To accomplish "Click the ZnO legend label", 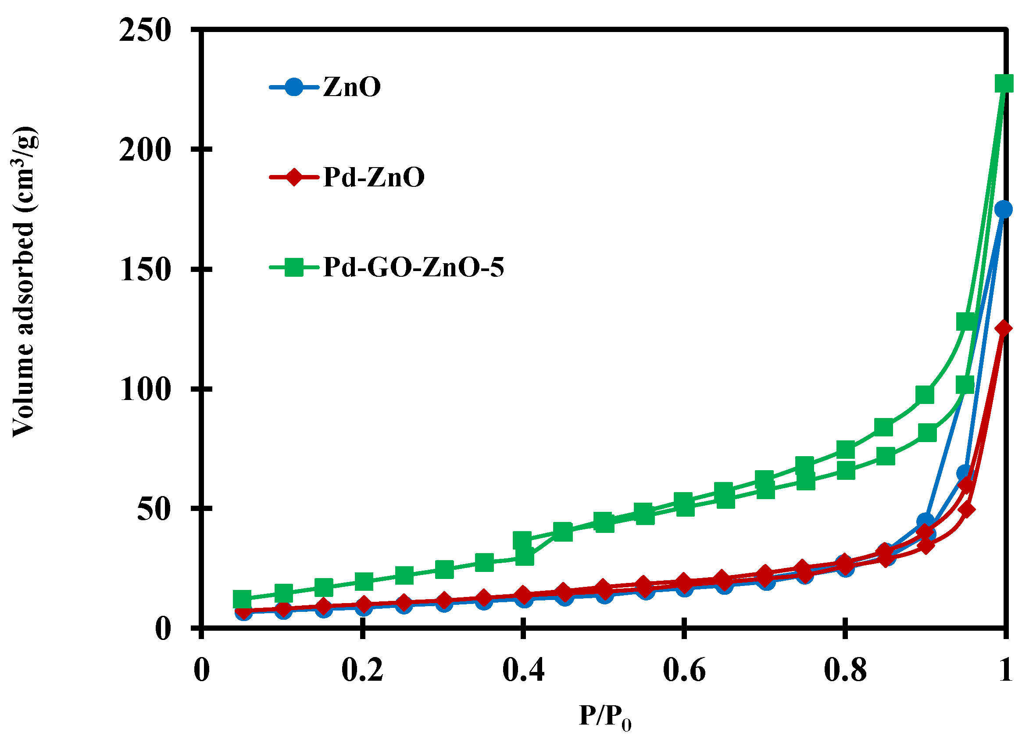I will [352, 86].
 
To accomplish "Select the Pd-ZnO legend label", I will [374, 177].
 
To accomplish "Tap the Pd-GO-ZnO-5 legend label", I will [413, 267].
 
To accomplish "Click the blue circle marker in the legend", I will [294, 86].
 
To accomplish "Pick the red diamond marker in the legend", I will [294, 177].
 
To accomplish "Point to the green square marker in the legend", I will [294, 267].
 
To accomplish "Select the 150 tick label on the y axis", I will [145, 270].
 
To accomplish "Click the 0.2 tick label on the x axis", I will [362, 670].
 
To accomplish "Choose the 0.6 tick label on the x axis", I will [684, 670].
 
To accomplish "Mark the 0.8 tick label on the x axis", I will [845, 670].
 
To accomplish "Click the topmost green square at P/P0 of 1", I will [1004, 84].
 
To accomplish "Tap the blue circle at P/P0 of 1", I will [1003, 209].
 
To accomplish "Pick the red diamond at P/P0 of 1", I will [1003, 329].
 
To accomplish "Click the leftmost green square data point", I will [242, 599].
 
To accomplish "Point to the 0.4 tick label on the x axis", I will [523, 670].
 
